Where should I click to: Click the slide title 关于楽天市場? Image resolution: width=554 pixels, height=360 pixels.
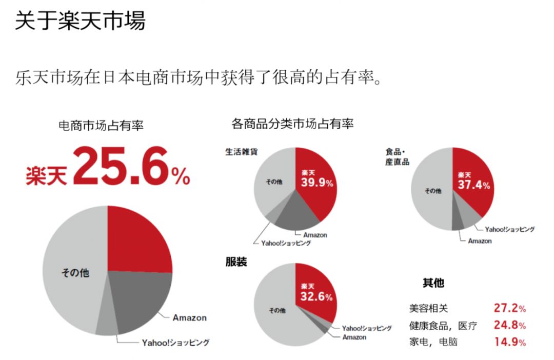80,21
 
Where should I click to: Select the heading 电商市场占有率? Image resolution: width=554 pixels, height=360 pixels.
101,126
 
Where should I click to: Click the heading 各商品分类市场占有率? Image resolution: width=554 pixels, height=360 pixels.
292,124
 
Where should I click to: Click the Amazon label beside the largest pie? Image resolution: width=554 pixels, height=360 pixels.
189,317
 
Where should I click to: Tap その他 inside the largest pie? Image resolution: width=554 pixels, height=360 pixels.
75,273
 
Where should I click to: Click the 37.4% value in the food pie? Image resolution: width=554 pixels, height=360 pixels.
473,185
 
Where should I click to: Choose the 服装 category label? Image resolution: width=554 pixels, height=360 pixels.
236,262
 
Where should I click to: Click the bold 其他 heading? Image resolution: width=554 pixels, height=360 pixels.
433,283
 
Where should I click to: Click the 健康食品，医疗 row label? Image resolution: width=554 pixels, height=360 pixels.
443,326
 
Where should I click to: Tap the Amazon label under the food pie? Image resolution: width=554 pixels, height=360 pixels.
480,241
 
